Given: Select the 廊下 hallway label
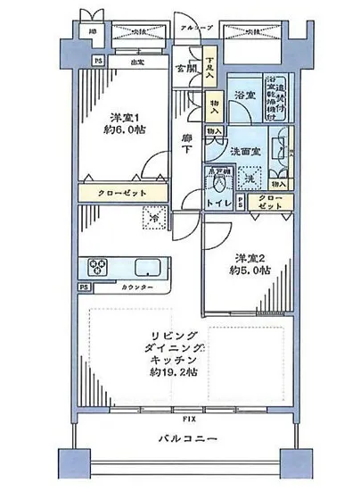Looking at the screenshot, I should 187,145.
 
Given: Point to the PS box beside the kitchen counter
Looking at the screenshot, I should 83,287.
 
